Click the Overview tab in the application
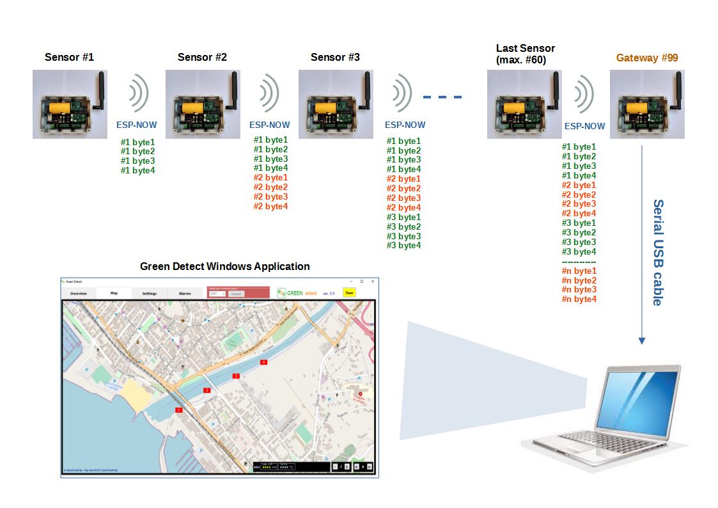[79, 293]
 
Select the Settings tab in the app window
[150, 293]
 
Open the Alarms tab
[185, 293]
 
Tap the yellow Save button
[349, 292]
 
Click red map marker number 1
[179, 410]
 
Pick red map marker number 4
[263, 362]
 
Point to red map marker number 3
[236, 376]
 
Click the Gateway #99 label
[647, 58]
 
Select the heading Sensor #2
[202, 57]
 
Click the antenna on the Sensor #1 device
[100, 90]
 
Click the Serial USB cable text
[657, 252]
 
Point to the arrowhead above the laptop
[642, 341]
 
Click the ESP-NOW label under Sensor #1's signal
[136, 125]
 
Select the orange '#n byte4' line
[579, 299]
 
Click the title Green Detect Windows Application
[224, 266]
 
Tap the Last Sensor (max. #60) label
[526, 54]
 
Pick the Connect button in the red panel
[237, 294]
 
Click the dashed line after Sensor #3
[442, 97]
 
